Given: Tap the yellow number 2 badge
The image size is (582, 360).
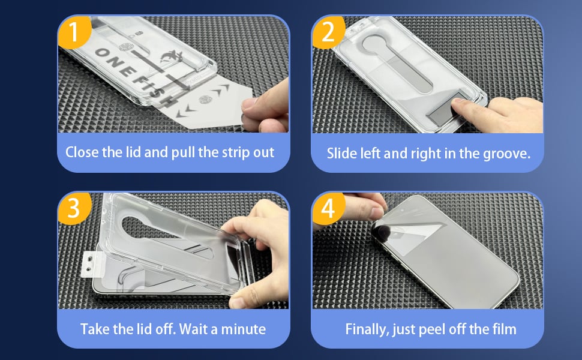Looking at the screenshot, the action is coord(328,32).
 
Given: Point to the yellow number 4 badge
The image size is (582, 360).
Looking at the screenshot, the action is coord(328,208).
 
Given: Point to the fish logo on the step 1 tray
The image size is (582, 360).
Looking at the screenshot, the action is coord(172,56).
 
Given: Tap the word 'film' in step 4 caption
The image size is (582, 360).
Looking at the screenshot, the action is coord(505,329).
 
